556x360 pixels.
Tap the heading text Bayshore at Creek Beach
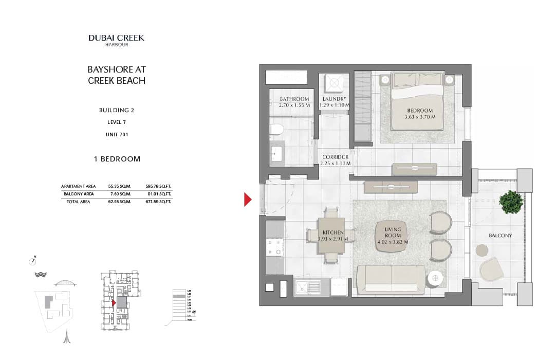tap(117, 75)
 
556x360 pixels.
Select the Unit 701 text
tap(117, 134)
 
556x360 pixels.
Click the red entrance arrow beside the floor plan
tap(248, 199)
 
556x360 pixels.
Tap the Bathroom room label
tap(294, 99)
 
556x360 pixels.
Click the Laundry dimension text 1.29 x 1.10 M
tap(335, 105)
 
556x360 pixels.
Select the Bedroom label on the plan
tap(420, 111)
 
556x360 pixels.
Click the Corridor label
tap(335, 157)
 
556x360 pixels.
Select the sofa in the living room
tap(391, 279)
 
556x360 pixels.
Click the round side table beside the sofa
tap(435, 278)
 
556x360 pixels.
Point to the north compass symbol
tap(33, 259)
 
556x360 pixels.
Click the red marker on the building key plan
tap(114, 303)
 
